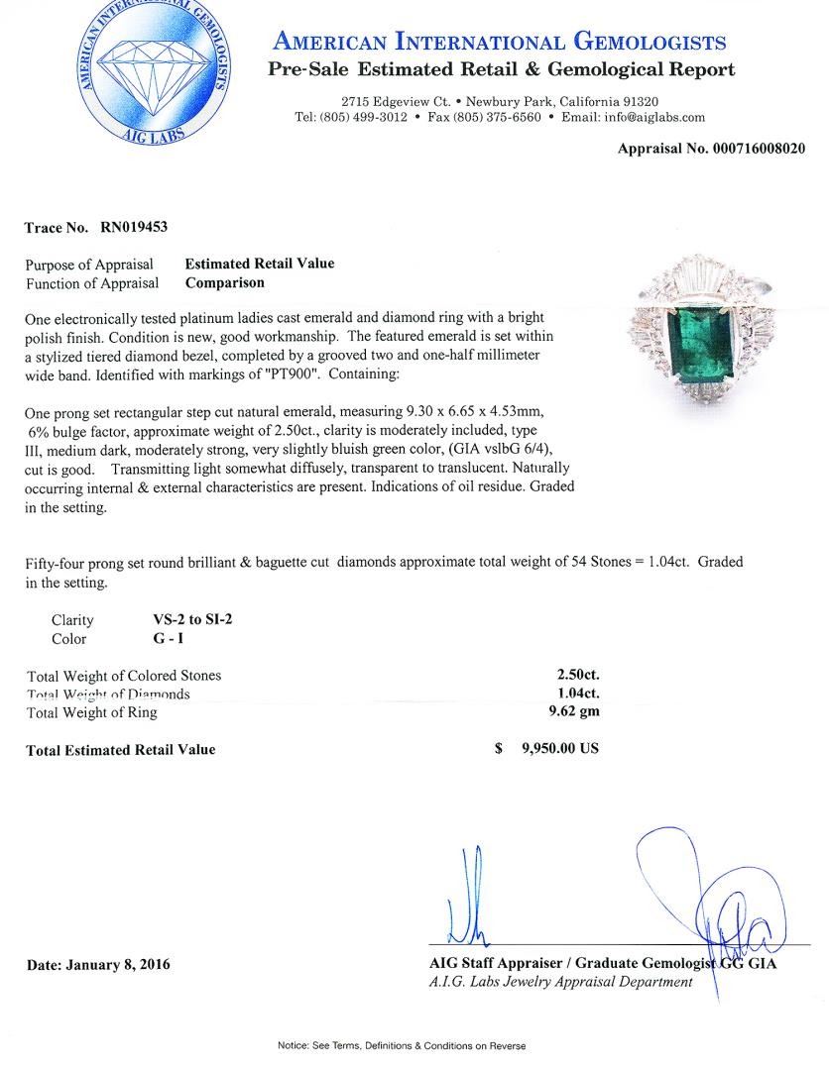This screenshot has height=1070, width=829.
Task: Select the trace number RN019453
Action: click(x=134, y=227)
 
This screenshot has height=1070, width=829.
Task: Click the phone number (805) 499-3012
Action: click(x=363, y=117)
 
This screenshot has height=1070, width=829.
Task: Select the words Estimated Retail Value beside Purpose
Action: click(x=260, y=264)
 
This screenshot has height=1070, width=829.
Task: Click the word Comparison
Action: click(x=225, y=282)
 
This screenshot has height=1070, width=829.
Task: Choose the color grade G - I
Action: click(x=155, y=639)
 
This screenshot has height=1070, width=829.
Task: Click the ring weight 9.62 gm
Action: click(x=578, y=711)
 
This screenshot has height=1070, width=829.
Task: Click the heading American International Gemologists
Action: click(x=500, y=42)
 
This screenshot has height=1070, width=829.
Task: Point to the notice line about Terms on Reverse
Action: click(x=402, y=1046)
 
